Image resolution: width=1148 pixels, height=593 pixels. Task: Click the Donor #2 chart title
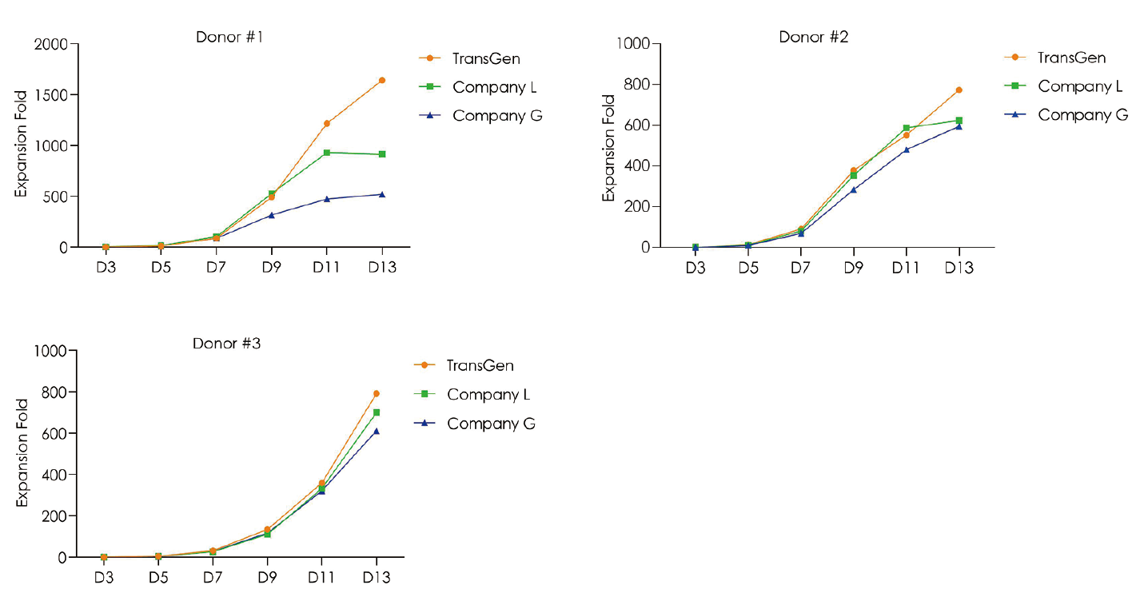(x=813, y=37)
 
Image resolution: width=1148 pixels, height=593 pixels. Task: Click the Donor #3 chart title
(x=226, y=344)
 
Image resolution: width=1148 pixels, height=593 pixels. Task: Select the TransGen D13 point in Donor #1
(x=382, y=80)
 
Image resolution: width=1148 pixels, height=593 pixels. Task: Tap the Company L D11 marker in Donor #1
(x=327, y=152)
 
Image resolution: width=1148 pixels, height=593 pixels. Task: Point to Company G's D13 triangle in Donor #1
(x=382, y=194)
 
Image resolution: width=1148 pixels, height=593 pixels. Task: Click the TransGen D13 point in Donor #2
(x=959, y=90)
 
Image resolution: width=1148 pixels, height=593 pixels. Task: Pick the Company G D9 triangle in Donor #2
(x=853, y=189)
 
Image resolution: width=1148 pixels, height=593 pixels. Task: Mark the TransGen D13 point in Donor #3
(x=376, y=393)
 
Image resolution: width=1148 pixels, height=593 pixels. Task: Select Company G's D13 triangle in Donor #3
(x=376, y=431)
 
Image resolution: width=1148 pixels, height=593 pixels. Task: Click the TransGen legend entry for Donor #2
(x=1071, y=58)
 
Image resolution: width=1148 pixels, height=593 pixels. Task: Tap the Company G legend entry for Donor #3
(x=491, y=424)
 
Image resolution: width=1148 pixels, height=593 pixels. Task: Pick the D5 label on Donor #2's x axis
(x=748, y=268)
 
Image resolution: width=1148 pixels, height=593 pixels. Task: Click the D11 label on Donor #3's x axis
(x=321, y=577)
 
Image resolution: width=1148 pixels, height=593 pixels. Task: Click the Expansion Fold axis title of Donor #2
(x=609, y=148)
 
